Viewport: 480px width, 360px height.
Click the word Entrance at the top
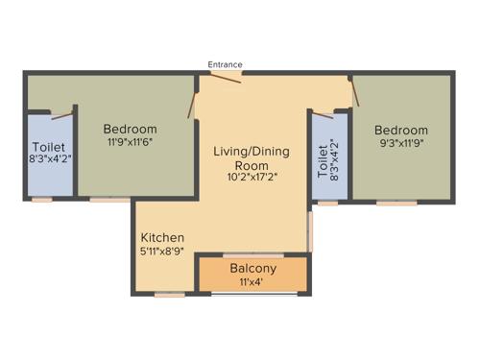(x=226, y=64)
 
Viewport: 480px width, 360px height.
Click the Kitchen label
(x=162, y=237)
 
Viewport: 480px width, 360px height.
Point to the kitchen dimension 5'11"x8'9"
(x=162, y=251)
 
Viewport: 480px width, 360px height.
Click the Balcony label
(x=252, y=269)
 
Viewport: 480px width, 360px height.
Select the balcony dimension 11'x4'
(x=252, y=283)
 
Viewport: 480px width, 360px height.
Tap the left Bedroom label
(x=130, y=129)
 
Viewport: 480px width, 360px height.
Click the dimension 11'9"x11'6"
(x=130, y=142)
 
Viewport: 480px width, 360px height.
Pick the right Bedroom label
(x=400, y=131)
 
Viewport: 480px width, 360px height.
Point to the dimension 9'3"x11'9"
(x=400, y=144)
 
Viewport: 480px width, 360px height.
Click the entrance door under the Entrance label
(x=226, y=78)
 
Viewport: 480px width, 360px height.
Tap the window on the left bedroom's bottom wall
(x=105, y=200)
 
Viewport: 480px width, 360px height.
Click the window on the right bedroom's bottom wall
(x=396, y=203)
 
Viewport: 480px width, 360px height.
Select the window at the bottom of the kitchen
(x=170, y=295)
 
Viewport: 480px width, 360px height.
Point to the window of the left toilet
(x=41, y=200)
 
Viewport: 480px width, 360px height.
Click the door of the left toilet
(x=62, y=115)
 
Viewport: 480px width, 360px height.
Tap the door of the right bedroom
(x=353, y=92)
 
